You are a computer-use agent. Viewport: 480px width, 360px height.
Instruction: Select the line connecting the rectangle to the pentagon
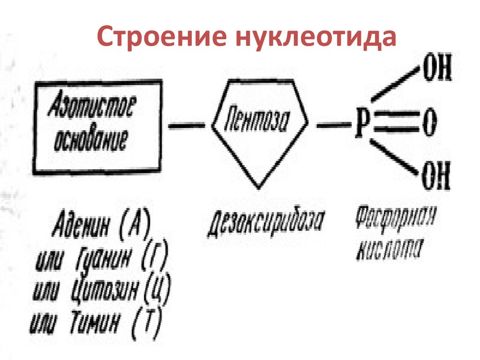tap(186, 126)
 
